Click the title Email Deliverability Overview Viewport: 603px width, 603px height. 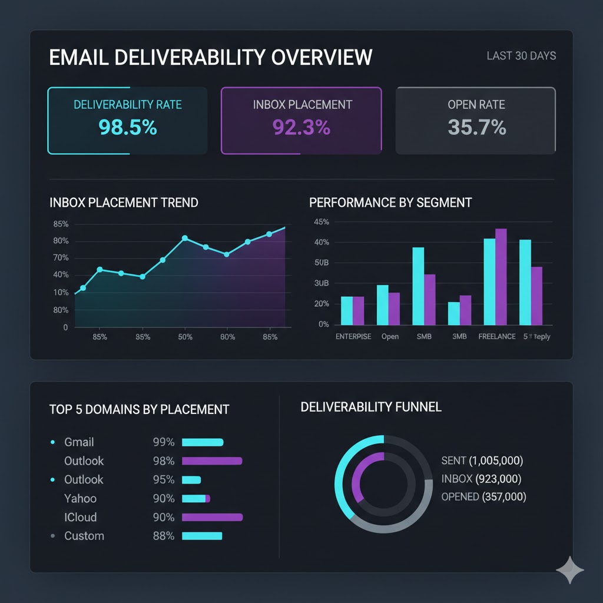pos(211,57)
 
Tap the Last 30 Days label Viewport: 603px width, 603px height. pos(521,56)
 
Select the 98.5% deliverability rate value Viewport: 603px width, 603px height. pos(128,127)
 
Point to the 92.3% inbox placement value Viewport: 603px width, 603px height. pos(301,127)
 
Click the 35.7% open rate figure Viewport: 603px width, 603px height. pos(476,127)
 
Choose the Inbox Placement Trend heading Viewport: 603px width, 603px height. pos(124,203)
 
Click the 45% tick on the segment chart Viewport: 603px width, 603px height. pos(322,222)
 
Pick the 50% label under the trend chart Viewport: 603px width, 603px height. pos(185,337)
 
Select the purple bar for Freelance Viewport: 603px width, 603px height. pos(501,277)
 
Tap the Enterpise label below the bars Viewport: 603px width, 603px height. pos(353,337)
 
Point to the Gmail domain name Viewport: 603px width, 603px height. pos(79,442)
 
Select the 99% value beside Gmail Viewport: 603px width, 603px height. pos(163,442)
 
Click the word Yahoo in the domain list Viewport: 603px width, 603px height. pos(80,499)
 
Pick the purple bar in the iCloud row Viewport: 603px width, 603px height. pos(212,518)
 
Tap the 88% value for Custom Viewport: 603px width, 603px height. pos(163,536)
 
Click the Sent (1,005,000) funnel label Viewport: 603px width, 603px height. pos(482,460)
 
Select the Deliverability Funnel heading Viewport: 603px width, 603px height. pos(371,407)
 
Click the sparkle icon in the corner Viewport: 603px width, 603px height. pos(570,569)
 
